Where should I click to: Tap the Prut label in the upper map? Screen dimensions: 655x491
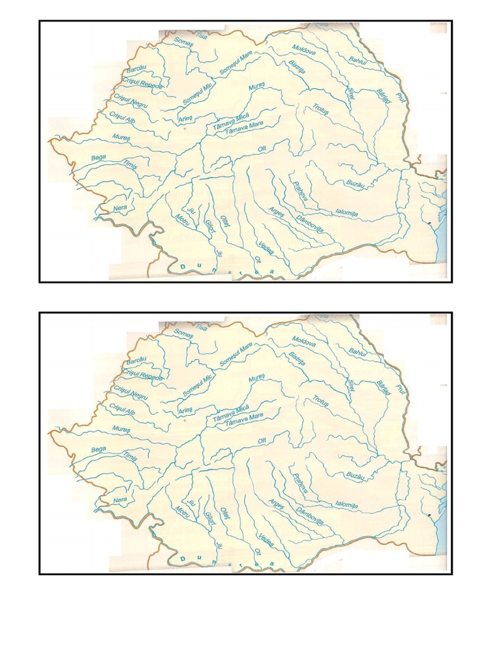tap(401, 97)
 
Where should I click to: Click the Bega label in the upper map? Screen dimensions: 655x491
tap(98, 157)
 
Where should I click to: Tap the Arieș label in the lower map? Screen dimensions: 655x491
tap(185, 410)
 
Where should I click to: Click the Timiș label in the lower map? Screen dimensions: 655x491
tap(130, 457)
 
